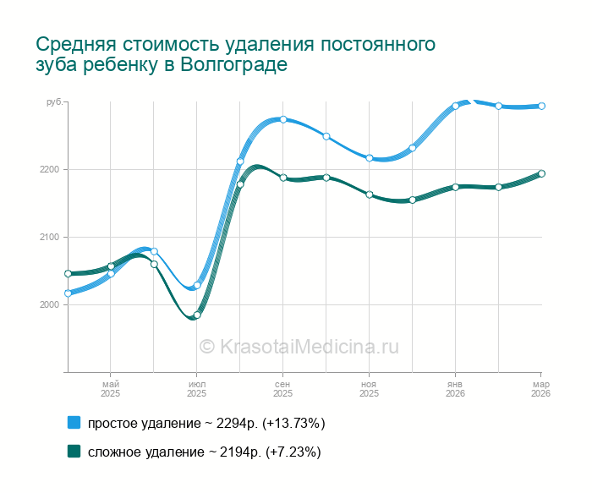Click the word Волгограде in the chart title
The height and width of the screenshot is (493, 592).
pos(234,65)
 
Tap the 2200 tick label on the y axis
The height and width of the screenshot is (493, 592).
pos(49,169)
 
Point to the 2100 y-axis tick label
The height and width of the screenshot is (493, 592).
pos(49,237)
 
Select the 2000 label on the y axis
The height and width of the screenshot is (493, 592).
pos(49,304)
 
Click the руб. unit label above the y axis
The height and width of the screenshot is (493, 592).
pos(53,102)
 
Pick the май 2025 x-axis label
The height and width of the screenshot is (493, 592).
pos(110,389)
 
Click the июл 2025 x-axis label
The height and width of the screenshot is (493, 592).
pos(196,389)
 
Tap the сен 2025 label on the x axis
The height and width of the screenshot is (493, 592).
pos(282,389)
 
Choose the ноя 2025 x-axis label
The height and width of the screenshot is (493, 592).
pos(369,389)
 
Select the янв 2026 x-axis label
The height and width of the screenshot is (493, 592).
pos(455,389)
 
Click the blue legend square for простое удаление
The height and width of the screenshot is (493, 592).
pos(74,423)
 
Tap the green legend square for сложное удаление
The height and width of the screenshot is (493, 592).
pos(74,452)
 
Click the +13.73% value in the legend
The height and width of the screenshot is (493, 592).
pos(293,423)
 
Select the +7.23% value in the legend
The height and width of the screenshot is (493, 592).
pos(293,452)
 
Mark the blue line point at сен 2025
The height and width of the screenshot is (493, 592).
pos(283,119)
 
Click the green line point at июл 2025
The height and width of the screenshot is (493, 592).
pos(197,315)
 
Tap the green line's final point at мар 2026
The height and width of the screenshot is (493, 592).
pos(541,173)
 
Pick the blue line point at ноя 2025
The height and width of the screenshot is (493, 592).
pos(370,157)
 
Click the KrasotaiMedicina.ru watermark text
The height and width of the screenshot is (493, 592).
pos(298,347)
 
